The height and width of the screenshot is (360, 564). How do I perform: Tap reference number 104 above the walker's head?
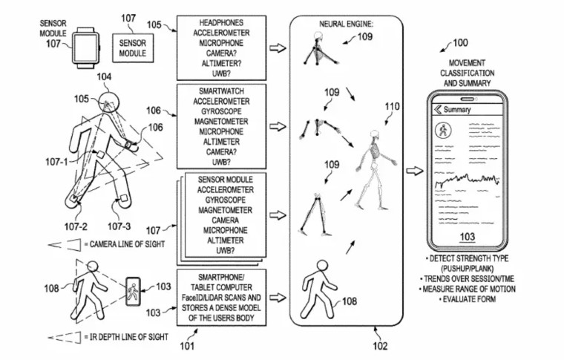(105, 77)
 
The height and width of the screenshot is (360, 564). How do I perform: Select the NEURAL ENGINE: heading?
(346, 24)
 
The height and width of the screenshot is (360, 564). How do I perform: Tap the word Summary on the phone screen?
(462, 110)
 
